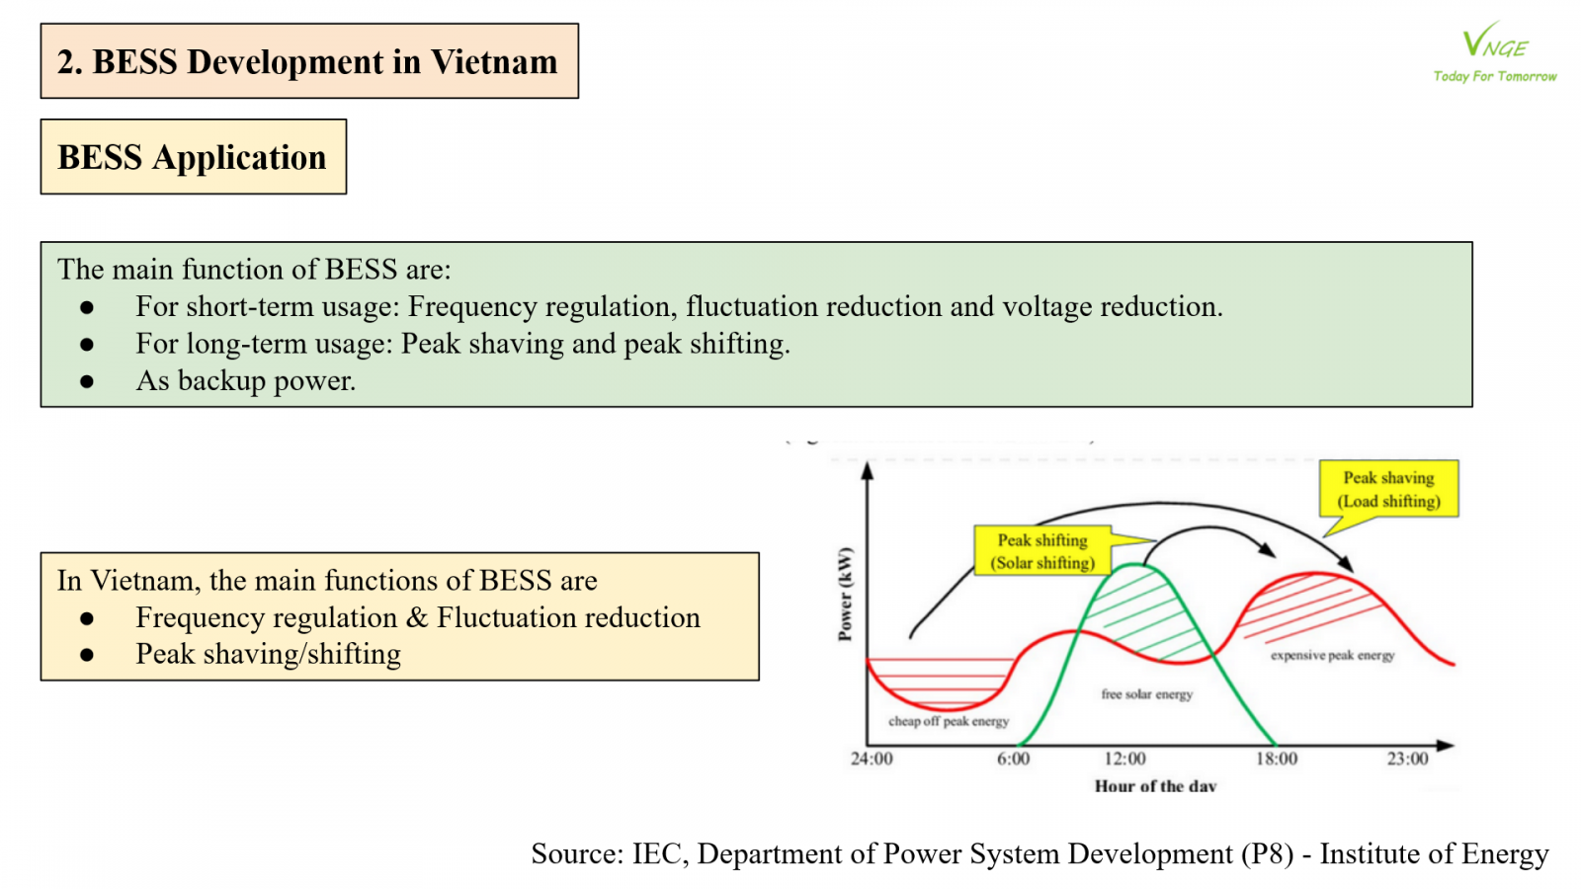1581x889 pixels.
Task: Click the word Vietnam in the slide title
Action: (x=494, y=62)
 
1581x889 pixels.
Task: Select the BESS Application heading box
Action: (x=193, y=157)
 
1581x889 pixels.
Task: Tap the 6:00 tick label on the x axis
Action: (x=1013, y=759)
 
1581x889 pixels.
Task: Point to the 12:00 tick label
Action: (x=1124, y=759)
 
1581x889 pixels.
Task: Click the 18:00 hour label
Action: (x=1277, y=759)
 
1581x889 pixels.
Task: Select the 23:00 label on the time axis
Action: (x=1407, y=759)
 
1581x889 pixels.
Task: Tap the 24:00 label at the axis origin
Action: (x=872, y=759)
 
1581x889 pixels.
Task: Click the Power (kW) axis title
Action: (x=845, y=594)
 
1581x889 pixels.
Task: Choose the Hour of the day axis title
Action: (x=1155, y=786)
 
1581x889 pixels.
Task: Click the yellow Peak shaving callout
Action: (x=1388, y=489)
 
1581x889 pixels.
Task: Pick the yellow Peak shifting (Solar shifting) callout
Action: (x=1042, y=551)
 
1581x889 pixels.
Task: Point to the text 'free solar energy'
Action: (x=1146, y=694)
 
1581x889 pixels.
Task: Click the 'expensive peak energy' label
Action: (x=1332, y=655)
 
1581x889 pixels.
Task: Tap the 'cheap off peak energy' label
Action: (x=949, y=721)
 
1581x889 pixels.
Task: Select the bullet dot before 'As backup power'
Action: (x=87, y=381)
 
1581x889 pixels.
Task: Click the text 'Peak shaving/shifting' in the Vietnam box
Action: (x=268, y=654)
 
